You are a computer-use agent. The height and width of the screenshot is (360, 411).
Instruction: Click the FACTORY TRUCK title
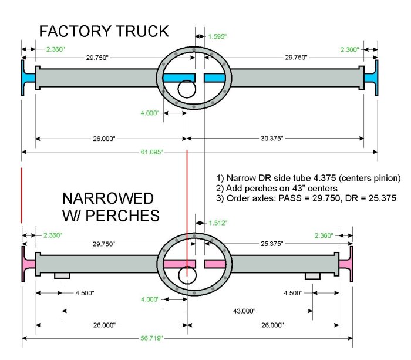pos(105,31)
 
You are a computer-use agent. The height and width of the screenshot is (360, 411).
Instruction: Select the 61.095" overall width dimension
pos(151,152)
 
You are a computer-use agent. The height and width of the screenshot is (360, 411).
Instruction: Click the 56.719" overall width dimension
pos(151,339)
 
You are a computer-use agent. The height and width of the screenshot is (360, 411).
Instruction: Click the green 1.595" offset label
pos(217,36)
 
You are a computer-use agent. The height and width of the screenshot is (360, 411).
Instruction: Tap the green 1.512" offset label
pos(217,223)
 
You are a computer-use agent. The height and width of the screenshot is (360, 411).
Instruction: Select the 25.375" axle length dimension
pos(272,243)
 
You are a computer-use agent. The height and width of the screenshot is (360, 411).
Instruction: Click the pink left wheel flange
pos(27,263)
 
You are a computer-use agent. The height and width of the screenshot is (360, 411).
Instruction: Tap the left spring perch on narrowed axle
pos(62,276)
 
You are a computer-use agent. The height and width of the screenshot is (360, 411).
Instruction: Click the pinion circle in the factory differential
pos(186,90)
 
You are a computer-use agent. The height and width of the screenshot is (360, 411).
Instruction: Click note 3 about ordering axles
pos(306,199)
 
